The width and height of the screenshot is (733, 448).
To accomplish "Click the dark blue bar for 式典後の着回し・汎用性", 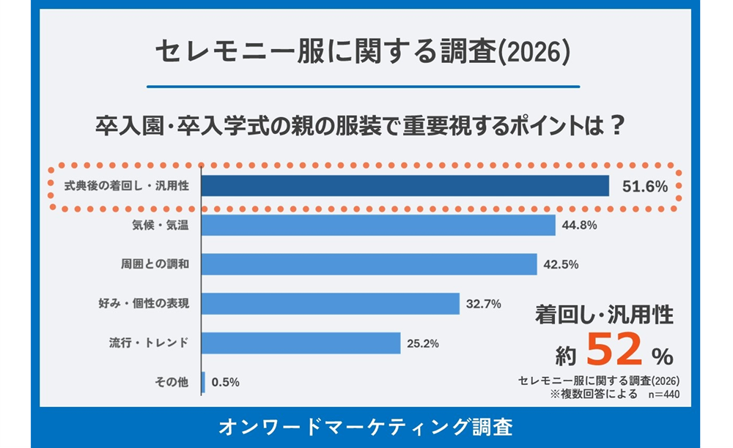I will point(405,186).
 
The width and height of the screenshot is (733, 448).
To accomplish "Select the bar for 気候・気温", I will point(378,225).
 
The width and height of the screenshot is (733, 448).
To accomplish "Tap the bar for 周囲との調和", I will point(369,264).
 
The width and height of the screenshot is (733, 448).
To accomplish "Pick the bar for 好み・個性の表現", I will point(330,303).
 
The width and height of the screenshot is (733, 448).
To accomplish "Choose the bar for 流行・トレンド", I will point(301,343).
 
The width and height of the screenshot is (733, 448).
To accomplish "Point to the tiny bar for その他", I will point(203,382).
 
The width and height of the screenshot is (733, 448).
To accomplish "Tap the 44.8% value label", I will point(579,225).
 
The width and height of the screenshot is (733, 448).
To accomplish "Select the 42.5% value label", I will point(561,264).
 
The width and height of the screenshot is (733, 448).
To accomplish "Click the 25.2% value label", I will point(423,343).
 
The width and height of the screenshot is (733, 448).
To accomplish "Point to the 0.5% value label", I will point(225,382).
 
